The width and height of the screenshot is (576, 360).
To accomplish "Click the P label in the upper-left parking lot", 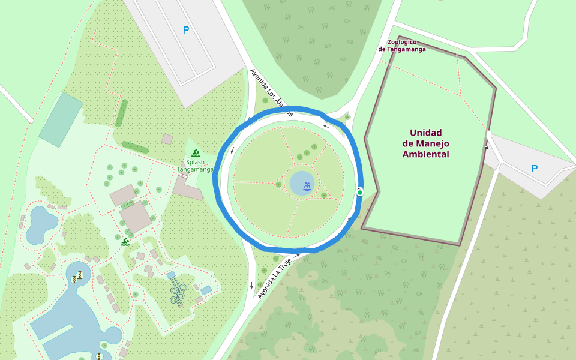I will pyautogui.click(x=186, y=30).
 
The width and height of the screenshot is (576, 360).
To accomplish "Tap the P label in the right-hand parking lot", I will pyautogui.click(x=535, y=169).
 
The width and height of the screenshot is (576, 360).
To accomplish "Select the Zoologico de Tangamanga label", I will pyautogui.click(x=402, y=46).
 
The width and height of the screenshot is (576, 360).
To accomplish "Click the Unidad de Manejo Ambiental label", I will pyautogui.click(x=425, y=143).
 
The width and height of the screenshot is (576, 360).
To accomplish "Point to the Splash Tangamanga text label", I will pyautogui.click(x=195, y=166).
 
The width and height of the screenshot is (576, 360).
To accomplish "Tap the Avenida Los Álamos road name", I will pyautogui.click(x=271, y=92).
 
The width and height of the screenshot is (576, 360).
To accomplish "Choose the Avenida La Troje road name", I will pyautogui.click(x=278, y=277).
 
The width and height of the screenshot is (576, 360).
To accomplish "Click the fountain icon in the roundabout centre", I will pyautogui.click(x=307, y=186).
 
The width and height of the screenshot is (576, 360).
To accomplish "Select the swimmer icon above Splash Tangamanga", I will pyautogui.click(x=195, y=153).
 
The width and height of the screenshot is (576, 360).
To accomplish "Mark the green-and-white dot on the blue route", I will pyautogui.click(x=360, y=192).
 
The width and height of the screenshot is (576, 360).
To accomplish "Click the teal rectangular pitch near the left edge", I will pyautogui.click(x=61, y=119).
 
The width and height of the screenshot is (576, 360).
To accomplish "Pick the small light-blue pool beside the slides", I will pyautogui.click(x=206, y=290).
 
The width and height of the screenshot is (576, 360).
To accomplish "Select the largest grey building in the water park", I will pyautogui.click(x=136, y=217).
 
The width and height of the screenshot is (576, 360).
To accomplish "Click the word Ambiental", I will pyautogui.click(x=425, y=154).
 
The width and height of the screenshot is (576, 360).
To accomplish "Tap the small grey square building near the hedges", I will pyautogui.click(x=167, y=139).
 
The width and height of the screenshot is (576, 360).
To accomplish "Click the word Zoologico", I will pyautogui.click(x=402, y=42).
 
